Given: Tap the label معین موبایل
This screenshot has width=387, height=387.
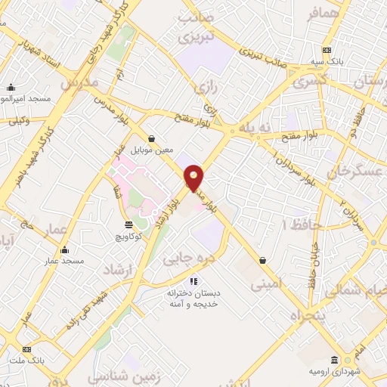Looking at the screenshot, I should click(152, 149).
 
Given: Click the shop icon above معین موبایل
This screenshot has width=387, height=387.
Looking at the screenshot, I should click(152, 138).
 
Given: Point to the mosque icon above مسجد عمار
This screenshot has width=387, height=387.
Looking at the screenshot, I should click(63, 249).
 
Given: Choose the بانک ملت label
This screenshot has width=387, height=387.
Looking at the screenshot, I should click(27, 360).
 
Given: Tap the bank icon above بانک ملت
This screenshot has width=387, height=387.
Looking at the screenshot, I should click(27, 349).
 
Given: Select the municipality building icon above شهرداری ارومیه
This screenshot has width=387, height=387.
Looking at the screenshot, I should click(335, 359).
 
